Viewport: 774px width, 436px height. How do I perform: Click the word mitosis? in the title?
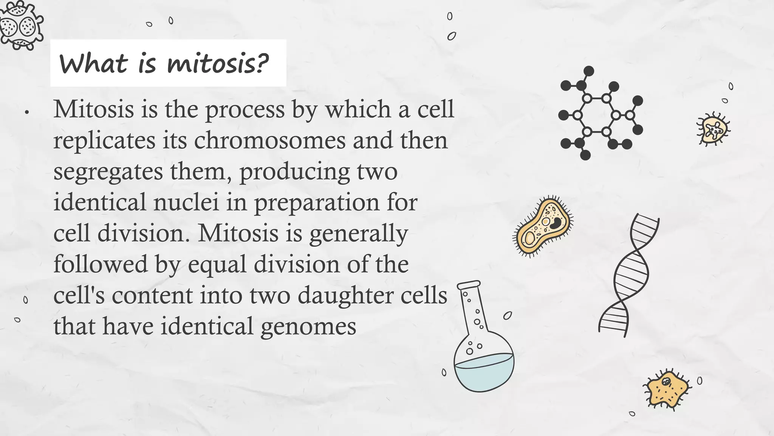click(x=218, y=64)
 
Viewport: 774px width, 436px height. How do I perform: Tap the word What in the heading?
click(x=93, y=64)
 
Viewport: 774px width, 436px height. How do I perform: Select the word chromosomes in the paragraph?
click(x=270, y=141)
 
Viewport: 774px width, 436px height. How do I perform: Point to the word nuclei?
click(x=186, y=202)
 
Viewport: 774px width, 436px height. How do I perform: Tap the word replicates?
click(x=104, y=141)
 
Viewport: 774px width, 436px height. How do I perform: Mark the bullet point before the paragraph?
click(x=27, y=112)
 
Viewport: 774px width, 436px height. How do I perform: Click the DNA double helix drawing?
click(x=628, y=275)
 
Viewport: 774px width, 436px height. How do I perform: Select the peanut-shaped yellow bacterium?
click(x=543, y=227)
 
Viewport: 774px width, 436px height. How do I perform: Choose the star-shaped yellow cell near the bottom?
click(x=666, y=389)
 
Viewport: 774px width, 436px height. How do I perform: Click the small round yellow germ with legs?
click(x=713, y=129)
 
